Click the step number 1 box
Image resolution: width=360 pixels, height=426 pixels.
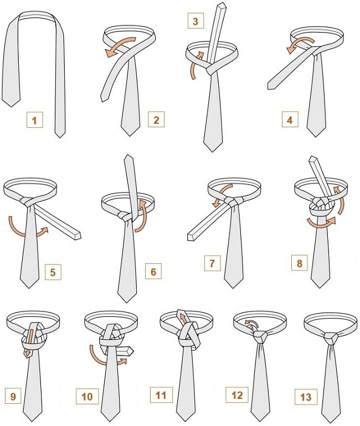[35, 120]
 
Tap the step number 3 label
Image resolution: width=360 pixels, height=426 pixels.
[196, 21]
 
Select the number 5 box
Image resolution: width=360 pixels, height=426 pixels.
[53, 272]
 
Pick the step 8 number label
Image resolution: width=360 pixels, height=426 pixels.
[300, 263]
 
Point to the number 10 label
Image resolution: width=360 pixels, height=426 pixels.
[87, 396]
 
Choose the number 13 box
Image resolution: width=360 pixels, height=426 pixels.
[306, 397]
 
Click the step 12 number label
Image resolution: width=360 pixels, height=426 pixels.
[237, 395]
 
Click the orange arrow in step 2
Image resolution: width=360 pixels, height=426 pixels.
[120, 46]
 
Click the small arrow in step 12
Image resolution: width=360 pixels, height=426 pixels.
[252, 323]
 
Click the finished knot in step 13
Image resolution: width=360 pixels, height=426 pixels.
[331, 338]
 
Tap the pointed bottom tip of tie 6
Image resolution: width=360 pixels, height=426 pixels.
[127, 303]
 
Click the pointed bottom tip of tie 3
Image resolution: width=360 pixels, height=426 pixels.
[213, 152]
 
